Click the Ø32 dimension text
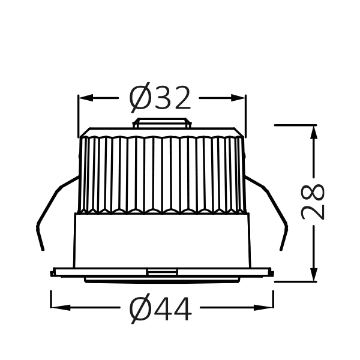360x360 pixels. (x=160, y=98)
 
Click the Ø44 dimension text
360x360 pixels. (x=160, y=308)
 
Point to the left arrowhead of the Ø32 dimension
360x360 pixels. (x=86, y=98)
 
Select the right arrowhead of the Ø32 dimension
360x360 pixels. (x=238, y=98)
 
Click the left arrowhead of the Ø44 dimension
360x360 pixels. (x=61, y=307)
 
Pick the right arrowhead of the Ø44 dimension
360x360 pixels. (x=263, y=307)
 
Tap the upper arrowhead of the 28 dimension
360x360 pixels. (x=314, y=133)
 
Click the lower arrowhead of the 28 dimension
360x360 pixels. (x=314, y=274)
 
